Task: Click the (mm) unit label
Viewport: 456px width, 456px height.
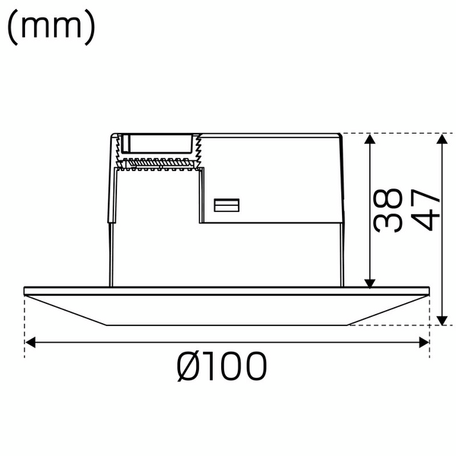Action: (51, 28)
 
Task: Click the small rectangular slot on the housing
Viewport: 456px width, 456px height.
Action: (226, 205)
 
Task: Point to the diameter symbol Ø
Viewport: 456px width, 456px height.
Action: (188, 368)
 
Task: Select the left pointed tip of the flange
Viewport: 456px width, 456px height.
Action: (27, 291)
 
